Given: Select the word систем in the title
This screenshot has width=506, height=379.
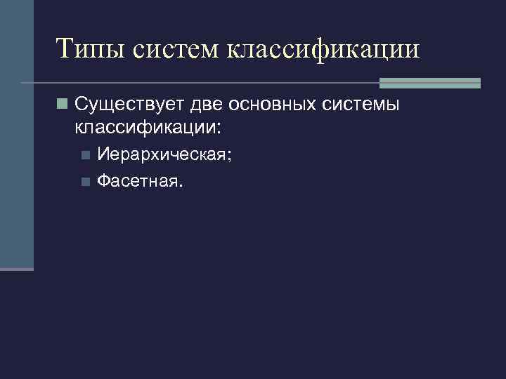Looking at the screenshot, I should coord(178,49).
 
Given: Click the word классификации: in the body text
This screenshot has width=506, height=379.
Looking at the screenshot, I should coord(145,128).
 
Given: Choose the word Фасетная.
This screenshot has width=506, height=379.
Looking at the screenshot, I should coord(138,182).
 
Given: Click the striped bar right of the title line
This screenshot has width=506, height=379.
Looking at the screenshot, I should coord(429,83).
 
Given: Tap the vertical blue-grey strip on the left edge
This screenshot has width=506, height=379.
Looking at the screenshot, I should coord(16,133).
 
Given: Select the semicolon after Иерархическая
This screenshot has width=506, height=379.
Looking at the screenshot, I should coord(228,157).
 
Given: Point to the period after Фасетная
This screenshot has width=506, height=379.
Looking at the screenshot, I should coord(180,187).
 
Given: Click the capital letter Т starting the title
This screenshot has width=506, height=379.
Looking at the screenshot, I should coord(64,49).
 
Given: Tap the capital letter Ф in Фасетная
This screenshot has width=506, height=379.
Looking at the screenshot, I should coord(103,182).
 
